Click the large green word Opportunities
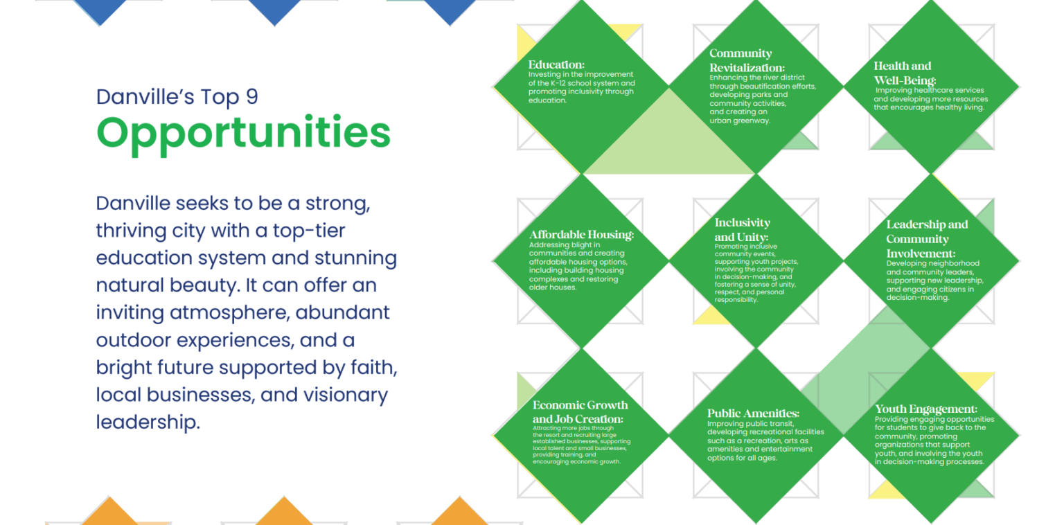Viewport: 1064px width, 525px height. (243, 133)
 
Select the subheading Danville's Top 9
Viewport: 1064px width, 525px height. (177, 97)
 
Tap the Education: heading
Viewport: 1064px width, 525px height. (556, 64)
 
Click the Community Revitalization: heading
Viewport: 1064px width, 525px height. (746, 60)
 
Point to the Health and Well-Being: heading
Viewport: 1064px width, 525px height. (904, 73)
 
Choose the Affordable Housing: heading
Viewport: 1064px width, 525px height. (581, 235)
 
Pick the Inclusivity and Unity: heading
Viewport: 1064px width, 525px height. (742, 230)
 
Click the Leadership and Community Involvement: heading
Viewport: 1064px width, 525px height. (927, 239)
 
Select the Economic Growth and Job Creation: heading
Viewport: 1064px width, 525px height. (580, 412)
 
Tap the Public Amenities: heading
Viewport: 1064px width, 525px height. (753, 413)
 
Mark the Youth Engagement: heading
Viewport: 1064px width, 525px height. (925, 409)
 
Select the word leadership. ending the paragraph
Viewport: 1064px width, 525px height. (148, 422)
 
